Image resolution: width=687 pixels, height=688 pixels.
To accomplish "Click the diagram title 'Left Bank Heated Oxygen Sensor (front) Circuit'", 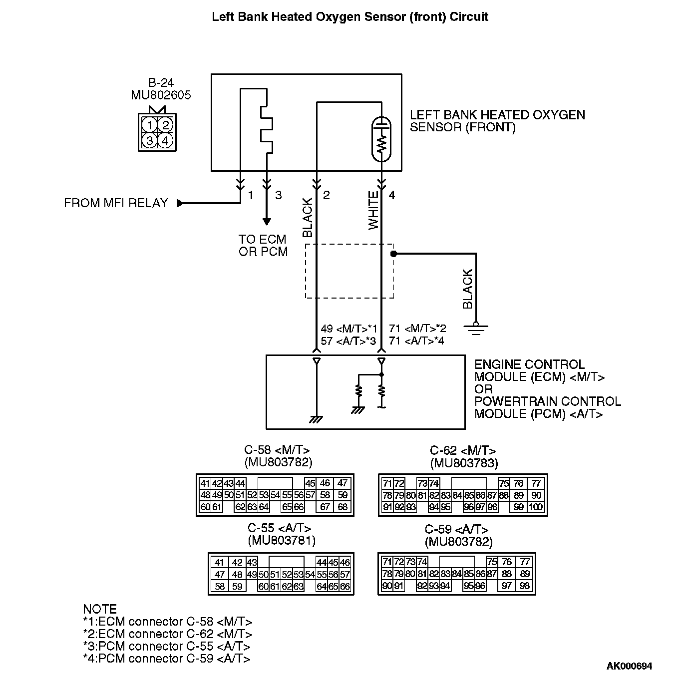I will point(350,17).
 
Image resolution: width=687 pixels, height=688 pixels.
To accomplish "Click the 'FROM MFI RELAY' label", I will point(116,203).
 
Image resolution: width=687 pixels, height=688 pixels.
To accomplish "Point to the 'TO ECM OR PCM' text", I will point(263,246).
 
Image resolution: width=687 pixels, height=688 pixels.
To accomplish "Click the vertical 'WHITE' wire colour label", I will point(373,211).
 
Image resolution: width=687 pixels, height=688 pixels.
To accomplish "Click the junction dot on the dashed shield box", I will point(393,254).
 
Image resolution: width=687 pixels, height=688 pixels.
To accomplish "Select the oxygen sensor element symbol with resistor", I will point(382,140).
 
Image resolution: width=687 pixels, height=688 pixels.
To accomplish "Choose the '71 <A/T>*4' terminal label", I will point(416,342).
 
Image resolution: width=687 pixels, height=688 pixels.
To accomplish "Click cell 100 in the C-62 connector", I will point(536,507).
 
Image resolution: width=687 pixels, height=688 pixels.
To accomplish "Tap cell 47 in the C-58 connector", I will point(343,483).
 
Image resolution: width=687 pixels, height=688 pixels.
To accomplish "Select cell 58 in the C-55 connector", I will point(220,587).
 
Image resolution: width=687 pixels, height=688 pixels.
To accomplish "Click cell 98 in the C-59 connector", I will point(524,586).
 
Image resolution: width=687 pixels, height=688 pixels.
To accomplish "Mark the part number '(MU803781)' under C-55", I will point(282,541).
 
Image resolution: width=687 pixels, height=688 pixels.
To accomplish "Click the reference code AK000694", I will point(629,666).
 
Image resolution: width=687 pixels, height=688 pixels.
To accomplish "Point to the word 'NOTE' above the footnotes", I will point(100,609).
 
